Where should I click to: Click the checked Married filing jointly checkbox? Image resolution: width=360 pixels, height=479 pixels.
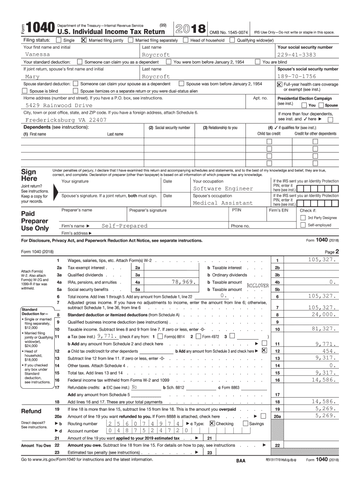click(x=84, y=40)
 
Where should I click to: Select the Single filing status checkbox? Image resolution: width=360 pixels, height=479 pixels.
click(x=58, y=40)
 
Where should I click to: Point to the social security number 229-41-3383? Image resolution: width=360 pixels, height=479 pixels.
click(x=296, y=55)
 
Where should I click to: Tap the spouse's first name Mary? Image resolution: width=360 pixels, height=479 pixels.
click(x=32, y=76)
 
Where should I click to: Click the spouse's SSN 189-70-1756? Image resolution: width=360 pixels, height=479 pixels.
click(x=296, y=76)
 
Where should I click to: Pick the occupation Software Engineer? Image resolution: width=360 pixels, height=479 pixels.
click(x=223, y=189)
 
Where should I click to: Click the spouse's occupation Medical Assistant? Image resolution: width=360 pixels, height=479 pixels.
click(x=223, y=203)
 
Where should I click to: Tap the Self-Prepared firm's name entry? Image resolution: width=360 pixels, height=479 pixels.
click(x=124, y=225)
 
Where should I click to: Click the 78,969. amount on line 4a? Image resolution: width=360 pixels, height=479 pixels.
click(x=183, y=282)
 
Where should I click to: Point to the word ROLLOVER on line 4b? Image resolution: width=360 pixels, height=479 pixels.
click(x=258, y=285)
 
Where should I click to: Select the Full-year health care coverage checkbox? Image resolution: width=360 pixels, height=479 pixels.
click(x=280, y=84)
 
